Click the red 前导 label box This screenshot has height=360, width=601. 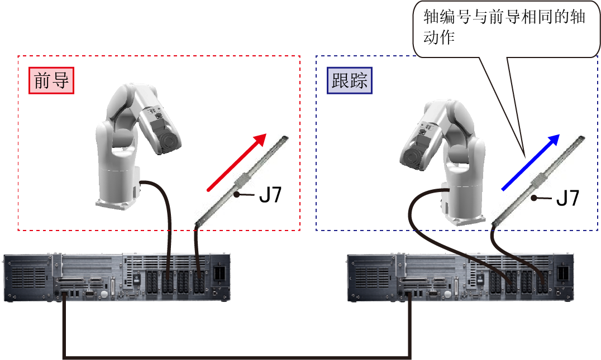[51, 80]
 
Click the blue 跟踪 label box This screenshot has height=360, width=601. [350, 80]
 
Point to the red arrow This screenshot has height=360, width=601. [236, 162]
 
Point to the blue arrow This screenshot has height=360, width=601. [531, 162]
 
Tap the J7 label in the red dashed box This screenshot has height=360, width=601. [270, 195]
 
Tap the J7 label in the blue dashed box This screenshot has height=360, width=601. [567, 198]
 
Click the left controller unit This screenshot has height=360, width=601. [117, 277]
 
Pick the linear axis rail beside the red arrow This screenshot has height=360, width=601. [241, 180]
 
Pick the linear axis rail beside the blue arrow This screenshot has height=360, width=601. [538, 180]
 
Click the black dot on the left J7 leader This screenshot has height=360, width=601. [237, 195]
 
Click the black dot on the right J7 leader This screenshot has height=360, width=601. [534, 198]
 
